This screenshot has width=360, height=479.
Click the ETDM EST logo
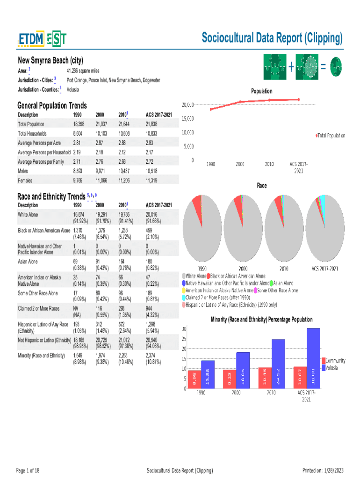[x=42, y=40]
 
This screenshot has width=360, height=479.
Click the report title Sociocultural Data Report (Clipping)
[x=272, y=38]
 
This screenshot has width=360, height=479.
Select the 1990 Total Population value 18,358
[x=79, y=124]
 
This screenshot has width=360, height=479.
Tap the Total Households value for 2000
[x=101, y=133]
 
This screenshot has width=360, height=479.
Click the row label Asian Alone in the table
[x=28, y=262]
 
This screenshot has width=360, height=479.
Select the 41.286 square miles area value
[x=83, y=70]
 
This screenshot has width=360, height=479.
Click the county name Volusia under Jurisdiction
[x=72, y=89]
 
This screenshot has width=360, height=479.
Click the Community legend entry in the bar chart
[x=335, y=361]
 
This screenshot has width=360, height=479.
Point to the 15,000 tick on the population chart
[x=187, y=118]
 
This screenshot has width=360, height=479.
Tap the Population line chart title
[x=262, y=91]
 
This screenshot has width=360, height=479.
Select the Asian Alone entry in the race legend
[x=283, y=283]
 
